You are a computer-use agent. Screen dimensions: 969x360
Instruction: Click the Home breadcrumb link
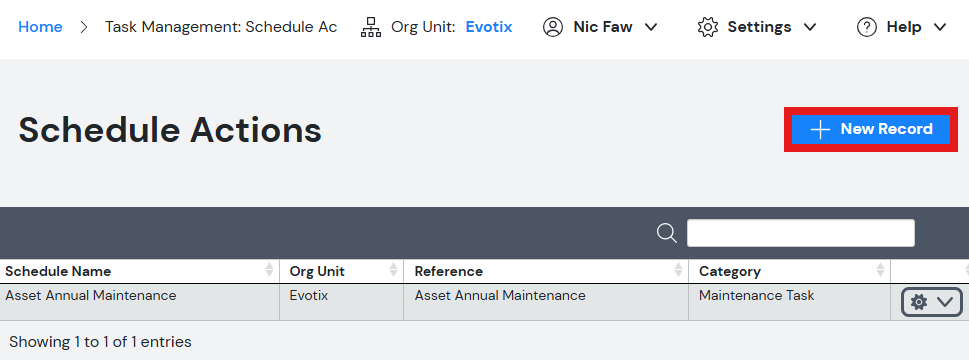[40, 27]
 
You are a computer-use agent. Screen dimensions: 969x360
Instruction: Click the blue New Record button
[871, 129]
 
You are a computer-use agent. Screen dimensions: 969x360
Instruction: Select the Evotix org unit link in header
[489, 27]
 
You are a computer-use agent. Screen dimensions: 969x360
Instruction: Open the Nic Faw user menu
[599, 27]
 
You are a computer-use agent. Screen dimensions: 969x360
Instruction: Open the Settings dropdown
[756, 27]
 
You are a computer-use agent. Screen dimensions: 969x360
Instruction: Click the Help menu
[902, 27]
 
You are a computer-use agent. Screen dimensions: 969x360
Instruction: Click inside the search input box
[800, 233]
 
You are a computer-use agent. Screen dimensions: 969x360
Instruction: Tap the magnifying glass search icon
[667, 233]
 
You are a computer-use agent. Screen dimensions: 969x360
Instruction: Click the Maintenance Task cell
[756, 296]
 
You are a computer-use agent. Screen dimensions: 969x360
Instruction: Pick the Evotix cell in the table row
[308, 296]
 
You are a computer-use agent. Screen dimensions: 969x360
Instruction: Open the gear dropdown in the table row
[931, 302]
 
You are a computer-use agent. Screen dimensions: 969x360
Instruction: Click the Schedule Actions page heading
[170, 130]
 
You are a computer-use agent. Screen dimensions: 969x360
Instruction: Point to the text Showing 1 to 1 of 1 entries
[100, 341]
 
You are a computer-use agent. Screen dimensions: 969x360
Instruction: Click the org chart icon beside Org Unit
[371, 27]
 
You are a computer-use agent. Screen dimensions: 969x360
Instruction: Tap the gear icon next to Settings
[708, 27]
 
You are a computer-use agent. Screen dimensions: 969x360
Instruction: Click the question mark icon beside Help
[867, 27]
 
